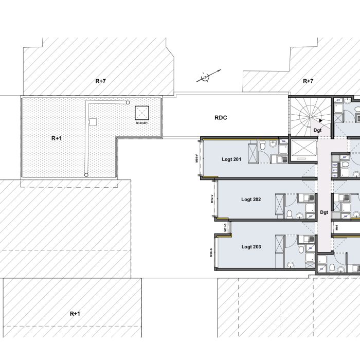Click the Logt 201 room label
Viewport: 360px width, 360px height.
coord(231,159)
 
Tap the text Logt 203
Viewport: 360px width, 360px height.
coord(251,247)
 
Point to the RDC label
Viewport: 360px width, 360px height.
coord(221,118)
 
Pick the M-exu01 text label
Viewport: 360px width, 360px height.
coord(141,123)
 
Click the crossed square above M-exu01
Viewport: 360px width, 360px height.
coord(141,113)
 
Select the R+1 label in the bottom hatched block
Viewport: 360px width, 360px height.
coord(75,313)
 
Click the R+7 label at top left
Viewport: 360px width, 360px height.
coord(101,81)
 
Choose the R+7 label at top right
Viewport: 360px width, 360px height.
coord(308,81)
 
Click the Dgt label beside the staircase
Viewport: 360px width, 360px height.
coord(317,131)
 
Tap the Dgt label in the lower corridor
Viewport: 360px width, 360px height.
coord(324,212)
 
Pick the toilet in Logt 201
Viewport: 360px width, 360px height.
coord(263,147)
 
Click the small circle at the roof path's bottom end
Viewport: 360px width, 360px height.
coord(86,175)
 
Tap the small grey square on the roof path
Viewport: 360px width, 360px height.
coord(93,122)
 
